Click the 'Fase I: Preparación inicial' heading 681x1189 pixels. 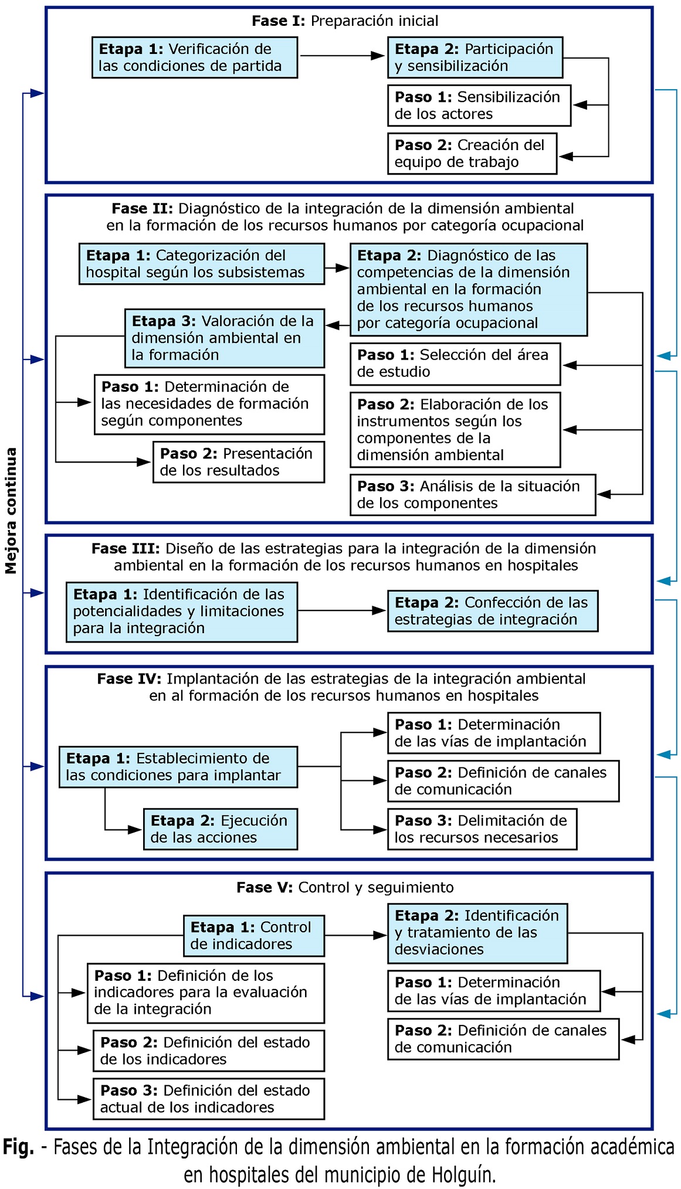click(x=345, y=21)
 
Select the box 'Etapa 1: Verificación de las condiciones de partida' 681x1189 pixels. click(x=195, y=57)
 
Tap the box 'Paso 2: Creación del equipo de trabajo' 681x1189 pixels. click(x=472, y=154)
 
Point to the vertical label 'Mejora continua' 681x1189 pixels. click(x=11, y=511)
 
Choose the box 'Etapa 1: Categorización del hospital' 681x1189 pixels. click(x=202, y=264)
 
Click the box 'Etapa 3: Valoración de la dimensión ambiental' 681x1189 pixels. click(x=225, y=338)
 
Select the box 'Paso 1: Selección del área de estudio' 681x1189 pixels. click(x=455, y=364)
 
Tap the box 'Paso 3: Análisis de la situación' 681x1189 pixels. click(x=473, y=495)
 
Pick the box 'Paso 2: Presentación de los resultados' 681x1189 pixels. click(x=239, y=462)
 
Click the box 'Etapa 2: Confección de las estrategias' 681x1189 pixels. click(x=493, y=611)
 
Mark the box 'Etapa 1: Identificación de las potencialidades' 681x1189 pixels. click(x=182, y=612)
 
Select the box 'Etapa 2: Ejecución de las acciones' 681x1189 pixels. click(x=221, y=829)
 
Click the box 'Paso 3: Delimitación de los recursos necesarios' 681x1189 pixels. click(x=482, y=829)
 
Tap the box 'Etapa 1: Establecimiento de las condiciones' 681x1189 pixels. click(x=178, y=767)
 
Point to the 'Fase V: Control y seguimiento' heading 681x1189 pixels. click(x=345, y=888)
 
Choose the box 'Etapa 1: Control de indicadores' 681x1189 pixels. click(x=254, y=936)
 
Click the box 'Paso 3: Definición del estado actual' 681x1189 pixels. click(x=209, y=1099)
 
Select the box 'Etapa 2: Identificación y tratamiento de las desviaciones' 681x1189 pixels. click(x=477, y=933)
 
